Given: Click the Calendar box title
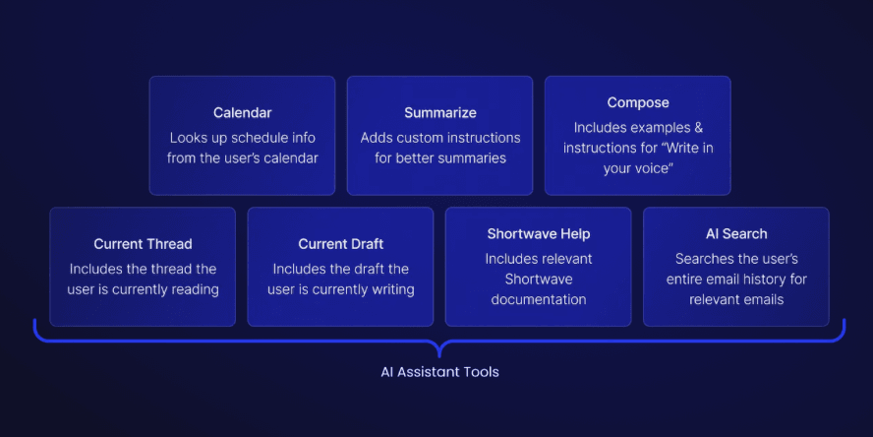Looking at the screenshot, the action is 242,112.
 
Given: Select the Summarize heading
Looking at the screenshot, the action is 439,112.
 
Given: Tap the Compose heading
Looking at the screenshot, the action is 638,102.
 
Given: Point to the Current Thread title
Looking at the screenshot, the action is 143,243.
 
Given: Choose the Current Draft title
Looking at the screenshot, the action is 341,243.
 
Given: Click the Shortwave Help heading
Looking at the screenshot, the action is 539,233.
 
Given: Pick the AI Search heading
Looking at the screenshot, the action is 736,233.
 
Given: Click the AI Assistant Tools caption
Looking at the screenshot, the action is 439,372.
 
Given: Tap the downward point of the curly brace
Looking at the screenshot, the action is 439,357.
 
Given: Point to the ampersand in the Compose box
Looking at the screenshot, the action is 699,128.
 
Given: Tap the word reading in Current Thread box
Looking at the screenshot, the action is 193,289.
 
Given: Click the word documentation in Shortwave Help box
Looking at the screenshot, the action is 539,299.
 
